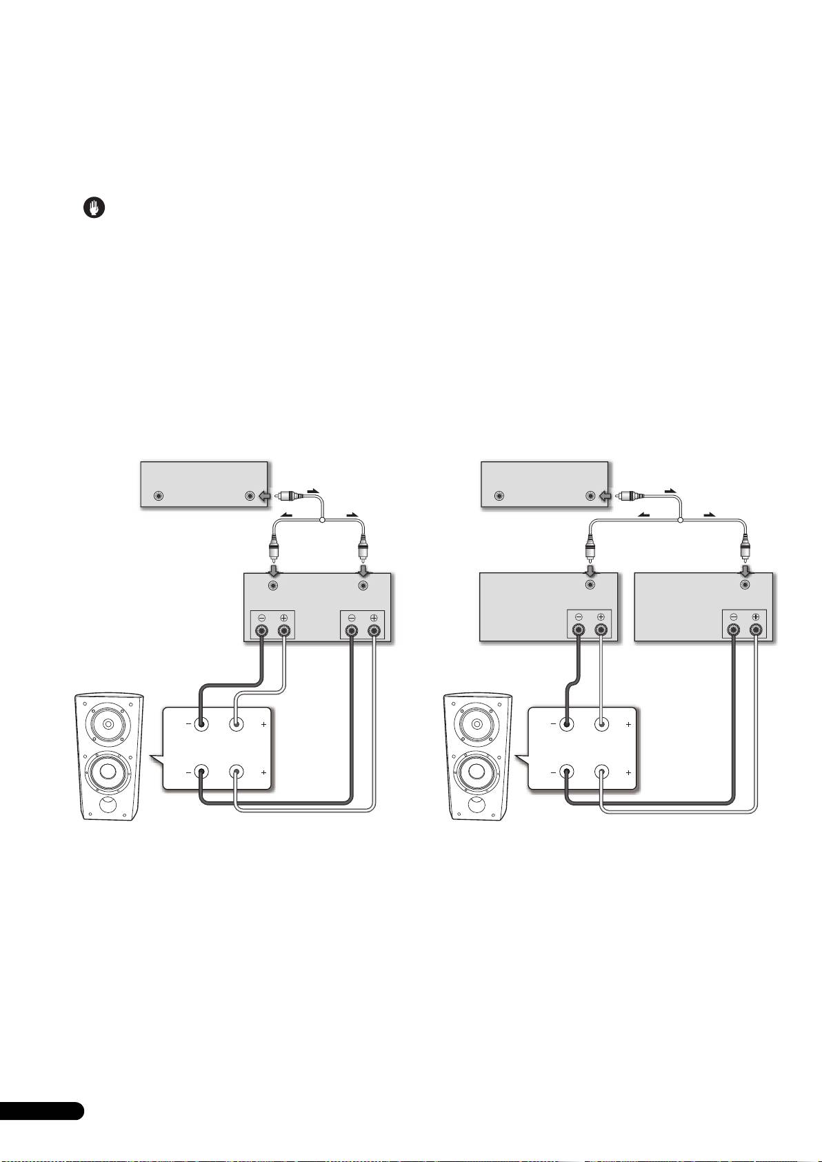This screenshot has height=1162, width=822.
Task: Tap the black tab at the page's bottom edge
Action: tap(41, 1129)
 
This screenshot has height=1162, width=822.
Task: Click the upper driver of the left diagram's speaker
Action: tap(107, 725)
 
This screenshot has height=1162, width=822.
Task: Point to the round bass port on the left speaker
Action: tap(108, 804)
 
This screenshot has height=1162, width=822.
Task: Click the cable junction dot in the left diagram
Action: tap(322, 520)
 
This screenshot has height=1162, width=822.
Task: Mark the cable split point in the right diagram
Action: tap(681, 520)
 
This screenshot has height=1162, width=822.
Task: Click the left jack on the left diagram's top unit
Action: tap(159, 496)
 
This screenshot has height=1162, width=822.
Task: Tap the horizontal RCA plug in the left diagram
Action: tap(287, 495)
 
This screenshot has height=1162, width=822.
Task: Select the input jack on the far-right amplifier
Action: tap(745, 585)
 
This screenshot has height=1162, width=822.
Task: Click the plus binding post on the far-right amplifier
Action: tap(756, 630)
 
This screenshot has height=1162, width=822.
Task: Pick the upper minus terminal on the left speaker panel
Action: tap(201, 724)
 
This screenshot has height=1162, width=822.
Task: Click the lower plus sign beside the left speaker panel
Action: tap(264, 774)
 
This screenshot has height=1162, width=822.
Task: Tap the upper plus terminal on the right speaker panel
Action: tap(602, 724)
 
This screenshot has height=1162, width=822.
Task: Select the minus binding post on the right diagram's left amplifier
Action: tap(578, 630)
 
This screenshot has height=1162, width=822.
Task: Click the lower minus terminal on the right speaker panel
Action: tap(566, 773)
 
